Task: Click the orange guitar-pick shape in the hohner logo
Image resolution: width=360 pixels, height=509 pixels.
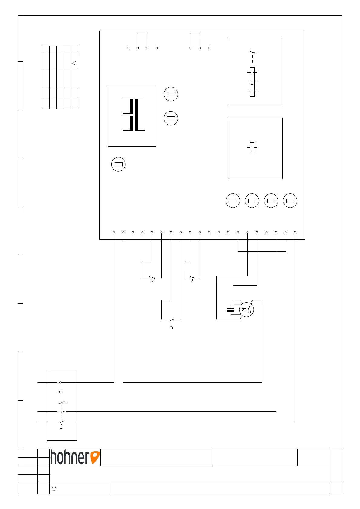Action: coord(95,457)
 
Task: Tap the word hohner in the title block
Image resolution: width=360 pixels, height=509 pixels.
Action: coord(70,457)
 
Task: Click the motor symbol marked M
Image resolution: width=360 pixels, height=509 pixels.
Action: coord(246,310)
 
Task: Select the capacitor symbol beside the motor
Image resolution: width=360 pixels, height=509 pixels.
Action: coord(231,309)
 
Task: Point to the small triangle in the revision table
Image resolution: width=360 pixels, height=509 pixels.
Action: coord(74,63)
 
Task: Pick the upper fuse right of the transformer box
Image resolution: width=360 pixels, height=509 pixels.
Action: coord(171,94)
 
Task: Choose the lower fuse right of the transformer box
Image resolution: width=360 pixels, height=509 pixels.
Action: coord(171,118)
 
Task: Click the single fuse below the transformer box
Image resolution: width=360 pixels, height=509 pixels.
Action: coord(118,164)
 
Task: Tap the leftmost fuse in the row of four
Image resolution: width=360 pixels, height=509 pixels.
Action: coord(233,201)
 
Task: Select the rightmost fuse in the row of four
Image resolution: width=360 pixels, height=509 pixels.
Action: coord(290,201)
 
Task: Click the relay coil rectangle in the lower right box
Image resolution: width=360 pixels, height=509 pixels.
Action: coord(252,147)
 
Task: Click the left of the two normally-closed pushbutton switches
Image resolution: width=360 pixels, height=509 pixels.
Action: coord(152,277)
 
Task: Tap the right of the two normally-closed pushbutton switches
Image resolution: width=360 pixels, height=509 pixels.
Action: coord(192,277)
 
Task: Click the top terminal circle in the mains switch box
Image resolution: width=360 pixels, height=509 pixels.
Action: coord(60,382)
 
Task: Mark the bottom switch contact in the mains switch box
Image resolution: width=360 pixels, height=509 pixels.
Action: coord(62,421)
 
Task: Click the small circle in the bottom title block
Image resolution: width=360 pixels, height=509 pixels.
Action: coord(54,488)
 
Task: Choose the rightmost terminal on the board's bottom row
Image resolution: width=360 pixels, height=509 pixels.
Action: coord(295,232)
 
